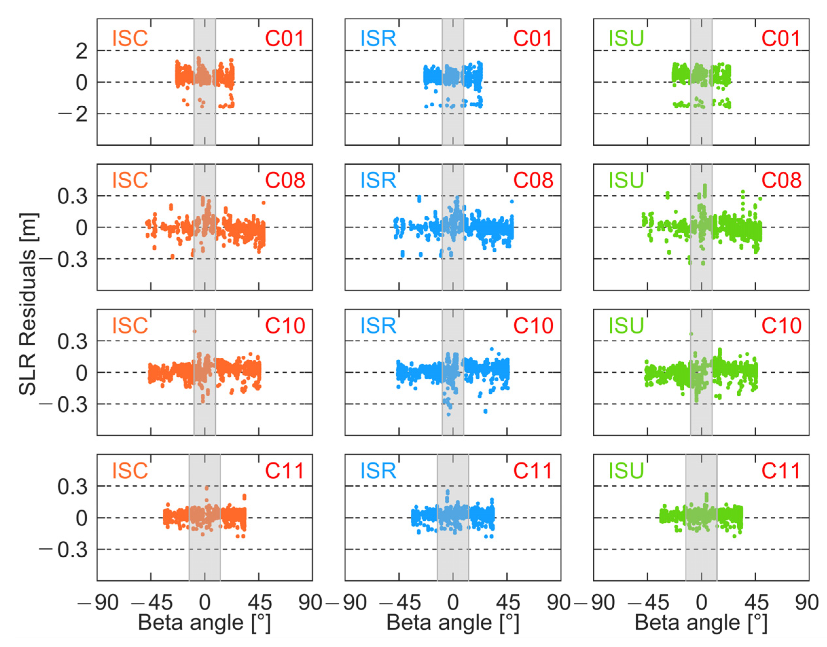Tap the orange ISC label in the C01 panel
[130, 38]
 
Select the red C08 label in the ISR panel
[533, 180]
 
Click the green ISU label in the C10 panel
[626, 325]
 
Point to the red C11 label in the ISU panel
[781, 471]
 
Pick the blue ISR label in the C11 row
[378, 471]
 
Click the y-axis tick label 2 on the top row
[81, 51]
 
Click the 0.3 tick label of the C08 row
[72, 197]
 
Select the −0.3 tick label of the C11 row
[63, 550]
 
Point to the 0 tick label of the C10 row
[81, 373]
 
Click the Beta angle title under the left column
[204, 622]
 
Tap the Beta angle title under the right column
[701, 622]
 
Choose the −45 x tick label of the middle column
[394, 602]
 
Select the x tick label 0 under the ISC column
[205, 602]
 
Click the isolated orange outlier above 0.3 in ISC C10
[194, 331]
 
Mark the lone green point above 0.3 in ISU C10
[691, 334]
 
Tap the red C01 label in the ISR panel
[533, 38]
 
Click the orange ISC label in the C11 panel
[130, 471]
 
